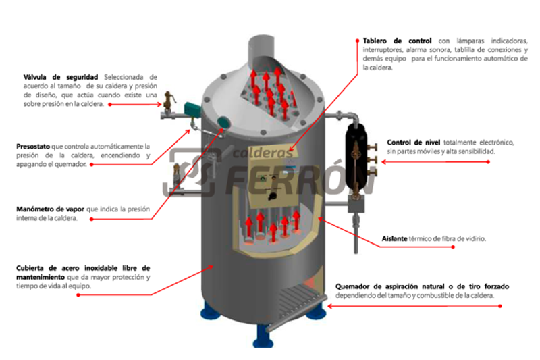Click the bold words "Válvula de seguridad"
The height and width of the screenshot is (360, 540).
pyautogui.click(x=61, y=77)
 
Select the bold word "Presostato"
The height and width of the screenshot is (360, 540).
pyautogui.click(x=33, y=147)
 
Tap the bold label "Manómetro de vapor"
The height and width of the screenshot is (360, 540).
pyautogui.click(x=50, y=209)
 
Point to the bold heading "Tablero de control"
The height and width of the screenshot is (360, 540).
pyautogui.click(x=397, y=41)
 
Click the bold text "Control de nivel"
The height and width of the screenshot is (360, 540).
pyautogui.click(x=414, y=143)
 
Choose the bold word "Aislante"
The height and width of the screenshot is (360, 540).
pyautogui.click(x=394, y=238)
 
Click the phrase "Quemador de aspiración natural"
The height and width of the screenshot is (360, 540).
pyautogui.click(x=390, y=286)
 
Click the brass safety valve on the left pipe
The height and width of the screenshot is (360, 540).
pyautogui.click(x=169, y=103)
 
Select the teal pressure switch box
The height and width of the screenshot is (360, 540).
pyautogui.click(x=192, y=109)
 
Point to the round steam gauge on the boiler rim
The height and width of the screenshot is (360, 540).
pyautogui.click(x=223, y=122)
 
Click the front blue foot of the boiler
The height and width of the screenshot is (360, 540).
pyautogui.click(x=263, y=336)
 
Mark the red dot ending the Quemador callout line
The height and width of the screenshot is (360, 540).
pyautogui.click(x=500, y=306)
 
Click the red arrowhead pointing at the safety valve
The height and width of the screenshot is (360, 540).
pyautogui.click(x=159, y=105)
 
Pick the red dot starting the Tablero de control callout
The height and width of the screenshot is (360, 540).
pyautogui.click(x=358, y=41)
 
